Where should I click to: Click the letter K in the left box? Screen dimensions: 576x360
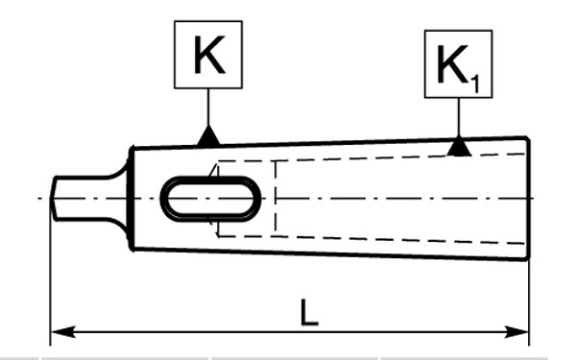point(209,55)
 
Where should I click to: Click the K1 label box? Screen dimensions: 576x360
point(459,64)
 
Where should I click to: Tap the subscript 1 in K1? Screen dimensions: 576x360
point(475,84)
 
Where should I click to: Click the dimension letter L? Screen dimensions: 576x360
point(309,313)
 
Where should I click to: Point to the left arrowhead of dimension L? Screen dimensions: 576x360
point(63,332)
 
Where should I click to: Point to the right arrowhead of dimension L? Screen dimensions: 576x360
point(516,332)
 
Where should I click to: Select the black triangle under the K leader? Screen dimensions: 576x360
point(208,135)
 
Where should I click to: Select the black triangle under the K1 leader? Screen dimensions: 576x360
point(459,147)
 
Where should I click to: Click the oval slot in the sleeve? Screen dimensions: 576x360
point(210,199)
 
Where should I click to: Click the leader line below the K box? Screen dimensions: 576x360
point(208,107)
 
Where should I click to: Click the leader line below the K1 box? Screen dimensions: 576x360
point(459,117)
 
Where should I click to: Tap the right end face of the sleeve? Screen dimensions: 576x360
point(529,199)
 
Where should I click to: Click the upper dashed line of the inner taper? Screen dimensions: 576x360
point(371,157)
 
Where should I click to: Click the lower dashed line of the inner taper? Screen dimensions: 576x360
point(371,239)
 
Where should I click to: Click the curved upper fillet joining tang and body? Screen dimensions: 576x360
point(119,172)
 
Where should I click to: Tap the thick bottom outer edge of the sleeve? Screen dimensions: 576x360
point(330,254)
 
